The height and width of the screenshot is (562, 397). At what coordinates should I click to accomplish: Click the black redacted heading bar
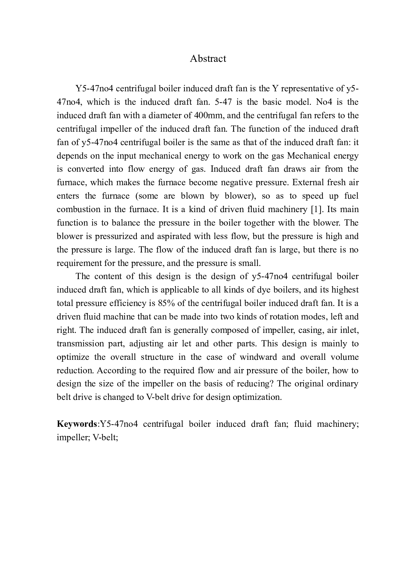click(x=207, y=68)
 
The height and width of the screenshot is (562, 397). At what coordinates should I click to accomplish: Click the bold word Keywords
click(x=77, y=424)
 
